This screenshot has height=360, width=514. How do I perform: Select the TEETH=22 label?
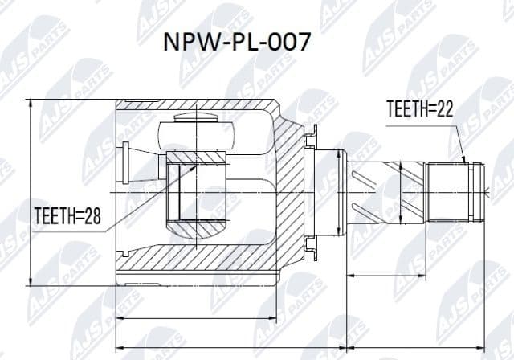[x=419, y=109]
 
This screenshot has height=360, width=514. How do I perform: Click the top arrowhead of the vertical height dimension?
[x=31, y=102]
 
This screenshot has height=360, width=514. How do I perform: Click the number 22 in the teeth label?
[x=443, y=109]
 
